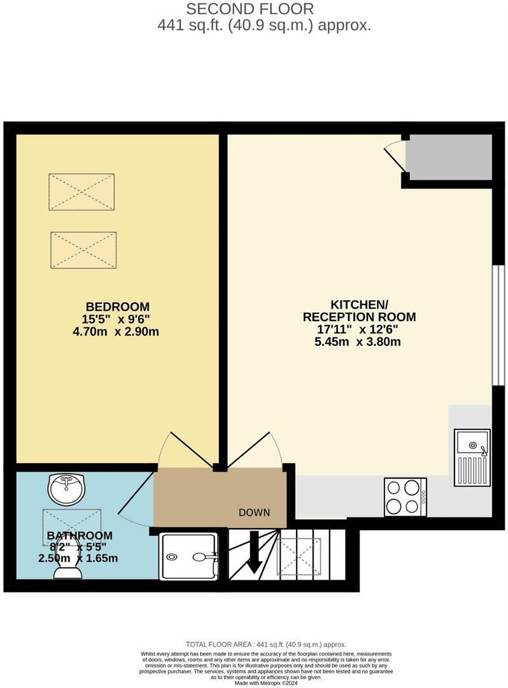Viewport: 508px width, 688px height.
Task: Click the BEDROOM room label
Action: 118,306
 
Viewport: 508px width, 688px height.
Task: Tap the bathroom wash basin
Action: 66,489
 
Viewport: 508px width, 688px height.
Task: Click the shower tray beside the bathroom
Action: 189,556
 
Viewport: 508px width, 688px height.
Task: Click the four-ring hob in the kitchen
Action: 405,497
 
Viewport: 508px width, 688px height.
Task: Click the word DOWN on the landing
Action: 254,512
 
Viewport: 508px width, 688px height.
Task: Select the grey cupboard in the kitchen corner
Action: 449,157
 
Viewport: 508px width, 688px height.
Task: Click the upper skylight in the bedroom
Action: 81,191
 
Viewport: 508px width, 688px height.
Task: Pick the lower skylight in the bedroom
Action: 83,249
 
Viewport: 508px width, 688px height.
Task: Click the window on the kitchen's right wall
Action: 499,325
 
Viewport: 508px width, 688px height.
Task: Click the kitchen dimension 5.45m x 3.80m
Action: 360,341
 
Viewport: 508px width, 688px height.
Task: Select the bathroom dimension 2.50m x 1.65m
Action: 78,558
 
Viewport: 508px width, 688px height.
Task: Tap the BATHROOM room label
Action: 80,535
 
